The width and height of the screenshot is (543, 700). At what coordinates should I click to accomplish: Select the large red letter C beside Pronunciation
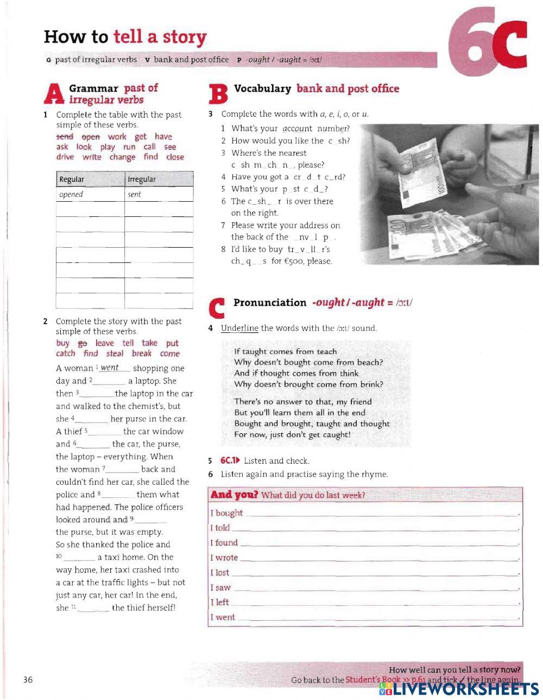(216, 307)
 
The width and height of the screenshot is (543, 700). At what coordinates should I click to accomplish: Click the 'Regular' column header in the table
(72, 179)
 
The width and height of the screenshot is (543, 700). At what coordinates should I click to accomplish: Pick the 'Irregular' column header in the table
(141, 179)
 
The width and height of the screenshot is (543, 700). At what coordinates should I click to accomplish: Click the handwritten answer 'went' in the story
(110, 368)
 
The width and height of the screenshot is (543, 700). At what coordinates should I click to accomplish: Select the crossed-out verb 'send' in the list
(65, 137)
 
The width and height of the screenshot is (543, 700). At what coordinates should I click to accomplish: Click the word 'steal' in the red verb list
(115, 354)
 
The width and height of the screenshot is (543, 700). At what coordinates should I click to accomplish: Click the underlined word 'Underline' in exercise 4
(239, 328)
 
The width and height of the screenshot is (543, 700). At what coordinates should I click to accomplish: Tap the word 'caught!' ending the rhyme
(337, 435)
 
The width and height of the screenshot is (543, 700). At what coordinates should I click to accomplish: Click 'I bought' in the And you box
(226, 513)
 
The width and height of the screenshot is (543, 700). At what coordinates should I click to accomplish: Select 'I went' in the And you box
(223, 617)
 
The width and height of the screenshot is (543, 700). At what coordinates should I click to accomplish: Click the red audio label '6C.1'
(230, 461)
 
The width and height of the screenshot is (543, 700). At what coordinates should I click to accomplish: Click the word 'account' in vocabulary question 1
(297, 129)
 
